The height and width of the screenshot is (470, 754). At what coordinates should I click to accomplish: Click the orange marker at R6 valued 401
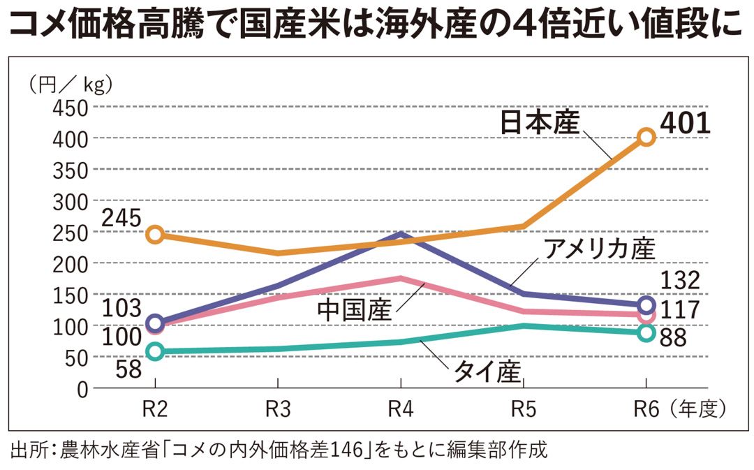coord(646,137)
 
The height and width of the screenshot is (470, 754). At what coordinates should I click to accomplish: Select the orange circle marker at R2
coord(155,234)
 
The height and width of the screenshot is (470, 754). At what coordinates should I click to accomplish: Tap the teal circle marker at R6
coord(646,332)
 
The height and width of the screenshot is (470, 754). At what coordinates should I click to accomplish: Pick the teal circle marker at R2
coord(155,351)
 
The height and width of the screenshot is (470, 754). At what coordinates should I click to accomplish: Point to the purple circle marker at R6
coord(646,305)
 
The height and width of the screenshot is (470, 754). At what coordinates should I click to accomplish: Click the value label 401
coord(685,123)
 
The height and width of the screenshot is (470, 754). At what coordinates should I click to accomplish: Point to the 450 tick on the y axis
coord(68,108)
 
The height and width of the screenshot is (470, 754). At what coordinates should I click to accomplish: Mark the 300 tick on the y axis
coord(68,201)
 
